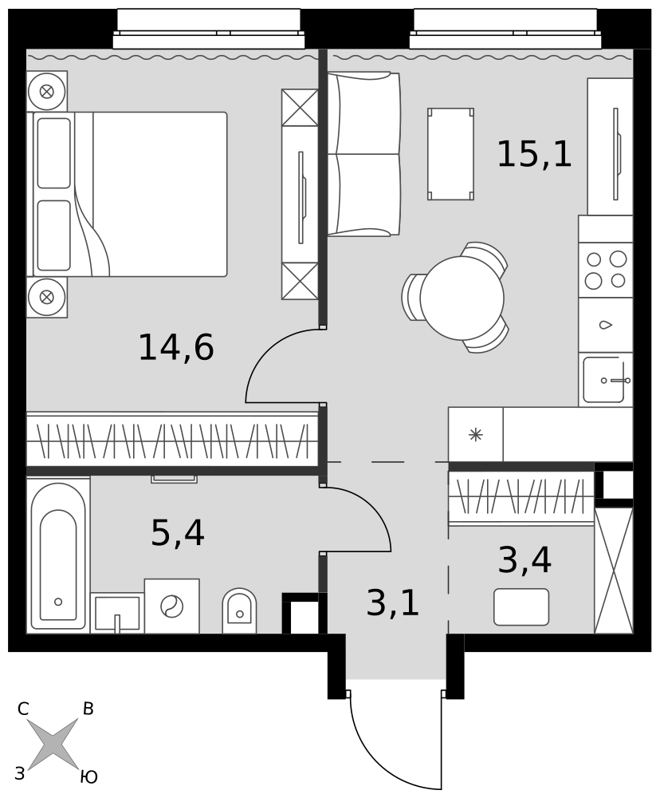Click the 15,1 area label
coord(534,154)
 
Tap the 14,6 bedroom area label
coord(176,348)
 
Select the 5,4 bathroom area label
coord(178,533)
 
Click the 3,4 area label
coord(524,560)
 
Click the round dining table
coord(462,298)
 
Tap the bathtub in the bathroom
coord(58,555)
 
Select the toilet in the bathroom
coord(239,610)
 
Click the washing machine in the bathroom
coord(172,606)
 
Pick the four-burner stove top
coord(606,270)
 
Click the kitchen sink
coord(606,379)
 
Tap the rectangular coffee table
coord(450,154)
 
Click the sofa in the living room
coord(363,154)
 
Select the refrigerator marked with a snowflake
coord(475,435)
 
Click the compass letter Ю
coord(88,776)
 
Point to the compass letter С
coord(23,709)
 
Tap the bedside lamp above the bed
coord(47,92)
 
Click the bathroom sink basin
coord(117,613)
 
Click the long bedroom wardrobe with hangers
coord(172,439)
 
